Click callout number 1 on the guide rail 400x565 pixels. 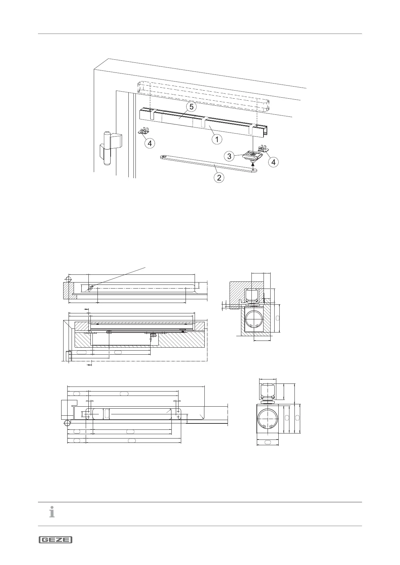(x=217, y=139)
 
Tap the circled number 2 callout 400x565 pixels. (x=219, y=177)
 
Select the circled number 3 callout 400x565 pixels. (x=229, y=156)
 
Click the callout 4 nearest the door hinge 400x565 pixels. (x=150, y=143)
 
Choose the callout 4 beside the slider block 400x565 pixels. (x=274, y=162)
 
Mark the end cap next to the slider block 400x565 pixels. (x=263, y=149)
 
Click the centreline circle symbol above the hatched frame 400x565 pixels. (x=69, y=279)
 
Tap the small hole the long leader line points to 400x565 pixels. (x=90, y=288)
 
